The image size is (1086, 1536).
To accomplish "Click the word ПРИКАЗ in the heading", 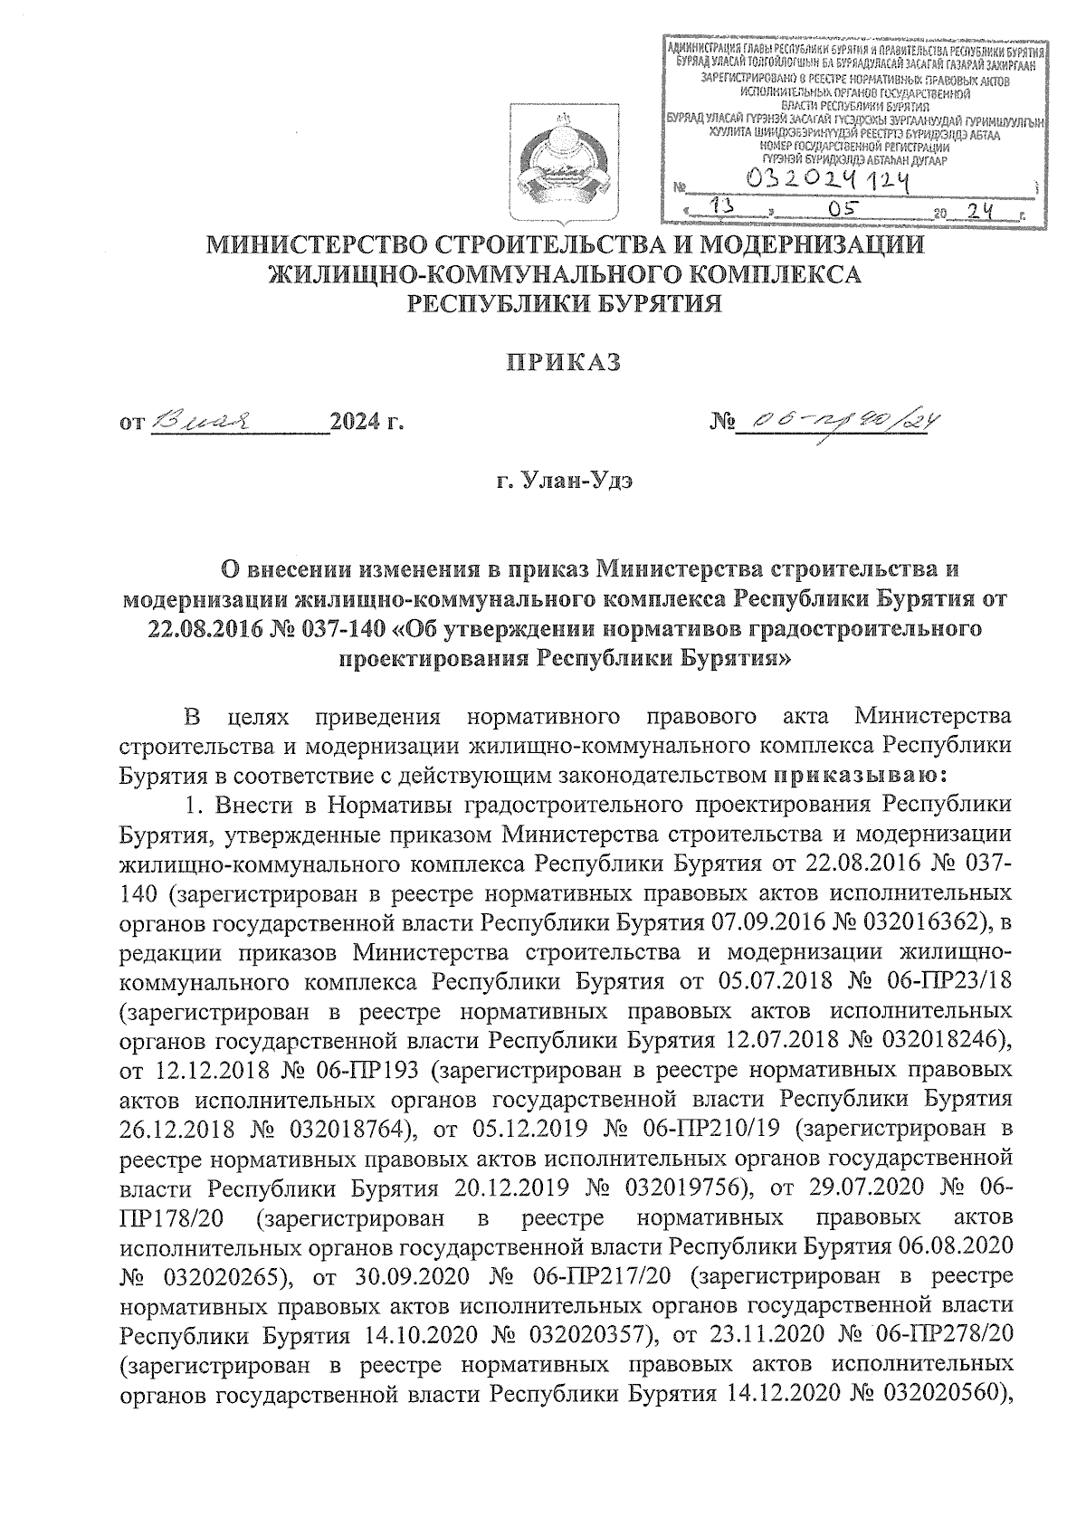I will (x=562, y=362).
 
